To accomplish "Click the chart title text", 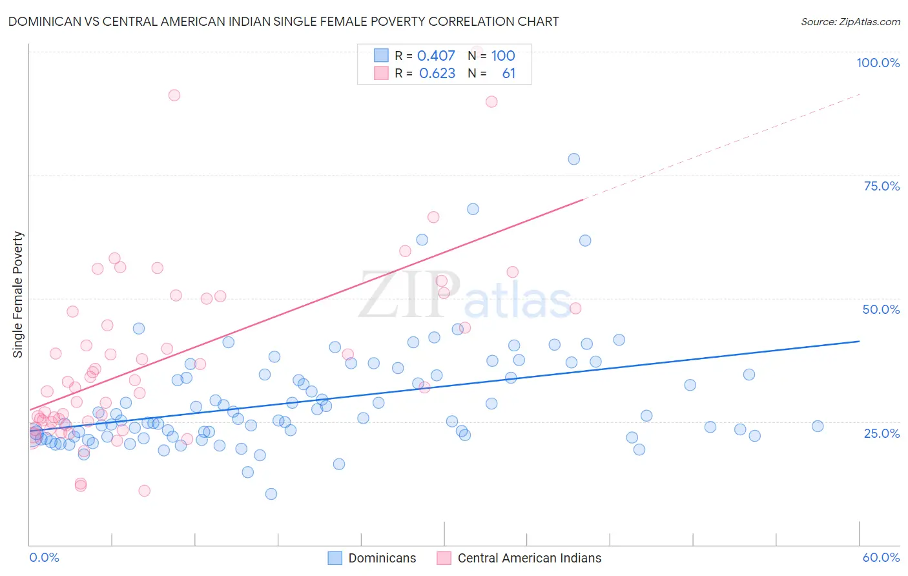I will (284, 21).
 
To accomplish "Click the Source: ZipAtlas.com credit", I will (850, 21).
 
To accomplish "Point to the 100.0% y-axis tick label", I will (878, 63).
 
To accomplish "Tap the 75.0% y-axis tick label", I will (882, 186).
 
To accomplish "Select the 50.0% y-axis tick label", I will (881, 309).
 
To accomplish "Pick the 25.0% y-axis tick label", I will (882, 433).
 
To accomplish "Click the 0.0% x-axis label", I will (44, 557).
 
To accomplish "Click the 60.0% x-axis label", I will (881, 557).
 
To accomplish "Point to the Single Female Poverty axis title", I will (18, 294).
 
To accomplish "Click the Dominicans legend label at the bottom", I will (382, 558).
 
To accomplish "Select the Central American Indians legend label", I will (530, 558).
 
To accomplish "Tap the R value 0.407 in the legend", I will (436, 56).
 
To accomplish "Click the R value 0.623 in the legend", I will (437, 74).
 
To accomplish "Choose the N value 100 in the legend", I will (503, 56).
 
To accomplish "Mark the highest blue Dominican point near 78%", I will (573, 159).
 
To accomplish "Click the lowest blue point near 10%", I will (271, 494).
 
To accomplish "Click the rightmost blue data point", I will (818, 426).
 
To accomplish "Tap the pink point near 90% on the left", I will (174, 95).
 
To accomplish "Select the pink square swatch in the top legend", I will (381, 74).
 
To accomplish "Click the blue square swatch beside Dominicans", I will (335, 558).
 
